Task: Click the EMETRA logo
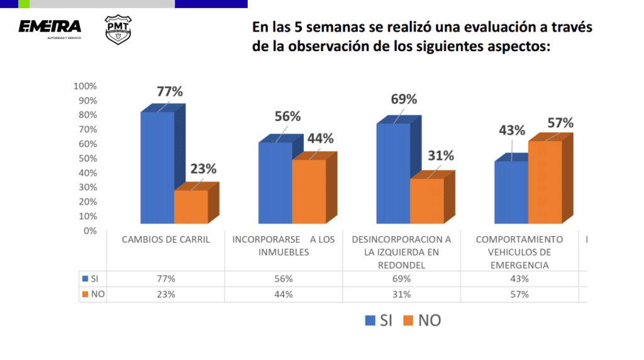[50, 27]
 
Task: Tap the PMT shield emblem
[117, 30]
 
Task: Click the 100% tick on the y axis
[85, 86]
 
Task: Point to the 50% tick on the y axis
[87, 159]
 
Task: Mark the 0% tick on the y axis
[89, 230]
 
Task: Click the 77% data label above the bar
[170, 91]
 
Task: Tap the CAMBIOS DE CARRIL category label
[165, 240]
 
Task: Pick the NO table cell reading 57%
[519, 294]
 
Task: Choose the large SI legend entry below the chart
[378, 320]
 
